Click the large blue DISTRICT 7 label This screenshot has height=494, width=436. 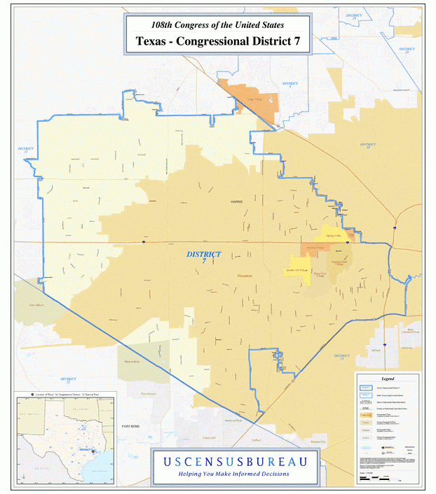pyautogui.click(x=204, y=257)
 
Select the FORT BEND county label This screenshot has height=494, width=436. pyautogui.click(x=132, y=426)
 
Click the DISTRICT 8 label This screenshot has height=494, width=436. pyautogui.click(x=290, y=84)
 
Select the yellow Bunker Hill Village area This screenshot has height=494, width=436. pyautogui.click(x=298, y=269)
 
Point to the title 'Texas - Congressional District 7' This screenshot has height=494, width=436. pyautogui.click(x=217, y=41)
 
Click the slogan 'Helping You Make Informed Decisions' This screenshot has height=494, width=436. pyautogui.click(x=235, y=474)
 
